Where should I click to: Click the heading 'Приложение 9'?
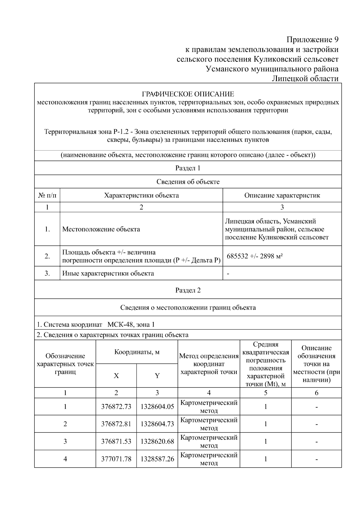(312, 40)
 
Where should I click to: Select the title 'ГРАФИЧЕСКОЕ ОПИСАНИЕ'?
(188, 94)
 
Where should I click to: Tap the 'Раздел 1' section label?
(188, 168)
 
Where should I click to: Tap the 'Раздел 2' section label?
(188, 290)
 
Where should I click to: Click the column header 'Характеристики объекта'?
(141, 196)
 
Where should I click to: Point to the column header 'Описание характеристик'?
(282, 196)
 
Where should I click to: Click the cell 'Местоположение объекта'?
(101, 229)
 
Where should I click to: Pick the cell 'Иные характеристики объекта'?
(108, 273)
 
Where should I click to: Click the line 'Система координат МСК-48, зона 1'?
(96, 325)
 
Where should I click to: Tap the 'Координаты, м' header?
(137, 352)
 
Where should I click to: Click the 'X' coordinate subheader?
(116, 376)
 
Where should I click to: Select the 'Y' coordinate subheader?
(157, 376)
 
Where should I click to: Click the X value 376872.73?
(116, 407)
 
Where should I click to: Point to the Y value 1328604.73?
(157, 424)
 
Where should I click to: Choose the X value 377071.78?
(116, 459)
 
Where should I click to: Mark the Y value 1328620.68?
(157, 442)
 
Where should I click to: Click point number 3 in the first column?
(65, 442)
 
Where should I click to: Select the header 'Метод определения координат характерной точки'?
(209, 364)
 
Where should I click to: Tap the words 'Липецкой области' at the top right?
(305, 79)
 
